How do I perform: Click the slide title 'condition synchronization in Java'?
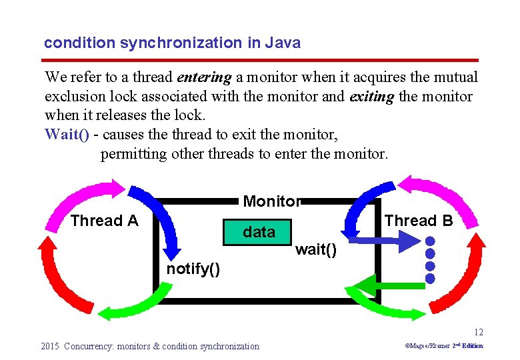pos(172,43)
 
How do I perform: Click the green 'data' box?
pos(259,232)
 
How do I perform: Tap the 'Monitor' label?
pos(272,201)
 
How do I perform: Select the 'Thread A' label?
pos(104,221)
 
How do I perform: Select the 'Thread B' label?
pos(419,221)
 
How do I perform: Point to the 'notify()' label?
pos(193,269)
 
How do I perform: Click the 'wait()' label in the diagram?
pos(315,250)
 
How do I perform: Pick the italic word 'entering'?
pos(205,78)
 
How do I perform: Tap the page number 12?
pos(479,332)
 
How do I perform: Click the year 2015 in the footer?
pos(50,346)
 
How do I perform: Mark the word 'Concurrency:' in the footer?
pos(89,346)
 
